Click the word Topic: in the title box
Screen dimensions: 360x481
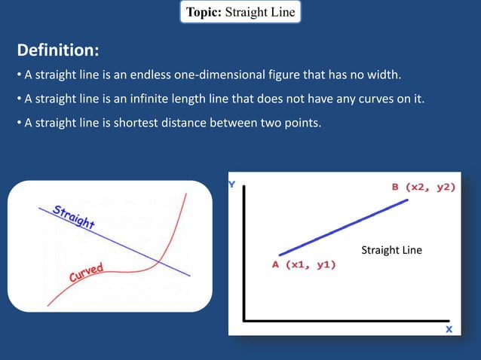(x=204, y=12)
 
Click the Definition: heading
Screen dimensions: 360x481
(x=58, y=50)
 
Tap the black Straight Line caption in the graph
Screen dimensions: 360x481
(x=391, y=249)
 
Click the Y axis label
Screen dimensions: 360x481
(x=233, y=184)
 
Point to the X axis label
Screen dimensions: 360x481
(x=449, y=329)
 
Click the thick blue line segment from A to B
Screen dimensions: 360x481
(x=344, y=227)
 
